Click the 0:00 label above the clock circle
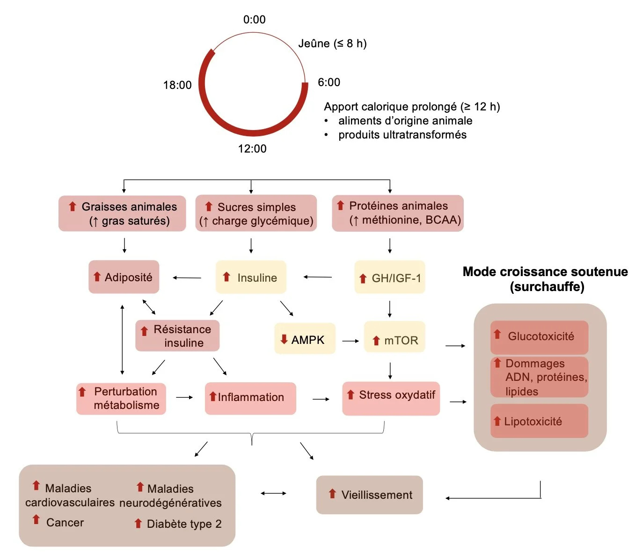click(x=254, y=20)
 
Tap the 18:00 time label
click(x=177, y=85)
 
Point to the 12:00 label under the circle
click(x=252, y=149)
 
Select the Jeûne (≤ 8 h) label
click(x=332, y=44)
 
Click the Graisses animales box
click(x=122, y=213)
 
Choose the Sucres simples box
click(x=256, y=213)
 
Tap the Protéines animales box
click(x=398, y=213)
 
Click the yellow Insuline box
click(x=251, y=277)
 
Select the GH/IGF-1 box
click(x=390, y=277)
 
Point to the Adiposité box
click(x=124, y=277)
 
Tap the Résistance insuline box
click(x=177, y=335)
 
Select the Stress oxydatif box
click(x=391, y=398)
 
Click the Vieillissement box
click(x=369, y=495)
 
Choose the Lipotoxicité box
click(x=539, y=421)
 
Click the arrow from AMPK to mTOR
click(x=350, y=341)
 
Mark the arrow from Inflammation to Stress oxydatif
click(x=321, y=399)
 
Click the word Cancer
click(x=65, y=523)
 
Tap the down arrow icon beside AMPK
click(x=284, y=339)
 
